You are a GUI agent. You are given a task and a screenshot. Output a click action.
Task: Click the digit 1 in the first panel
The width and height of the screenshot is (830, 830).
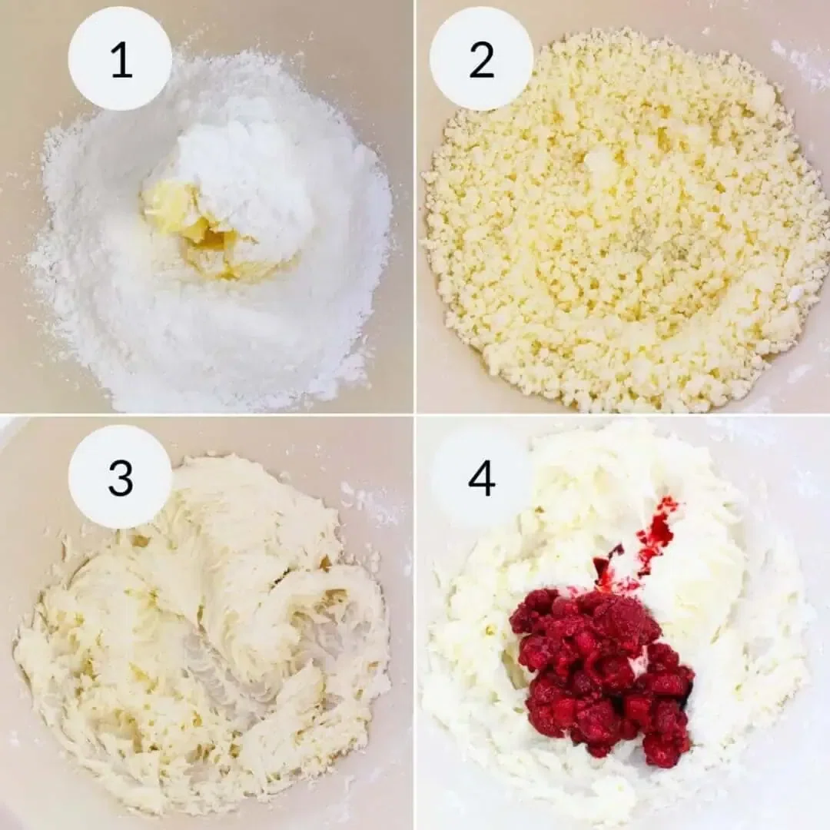click(121, 59)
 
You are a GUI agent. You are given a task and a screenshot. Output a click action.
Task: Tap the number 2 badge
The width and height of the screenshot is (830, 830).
click(481, 59)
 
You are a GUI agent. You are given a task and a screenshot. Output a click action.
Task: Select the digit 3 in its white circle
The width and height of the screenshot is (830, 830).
click(120, 477)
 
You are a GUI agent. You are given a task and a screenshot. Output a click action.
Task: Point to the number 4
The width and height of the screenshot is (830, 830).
click(481, 477)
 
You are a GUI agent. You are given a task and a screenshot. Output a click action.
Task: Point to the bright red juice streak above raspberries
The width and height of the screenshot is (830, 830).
click(657, 530)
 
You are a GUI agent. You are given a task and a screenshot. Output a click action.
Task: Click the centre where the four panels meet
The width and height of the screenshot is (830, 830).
click(415, 415)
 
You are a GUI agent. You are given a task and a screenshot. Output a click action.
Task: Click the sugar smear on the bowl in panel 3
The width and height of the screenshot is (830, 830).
click(369, 500)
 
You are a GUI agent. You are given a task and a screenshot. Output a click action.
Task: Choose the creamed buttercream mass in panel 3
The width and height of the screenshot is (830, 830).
click(192, 653)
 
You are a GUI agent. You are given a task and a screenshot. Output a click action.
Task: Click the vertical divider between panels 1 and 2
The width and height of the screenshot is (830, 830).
click(415, 207)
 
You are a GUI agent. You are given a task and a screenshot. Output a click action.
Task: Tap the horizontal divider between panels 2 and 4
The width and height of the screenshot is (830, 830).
click(622, 415)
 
